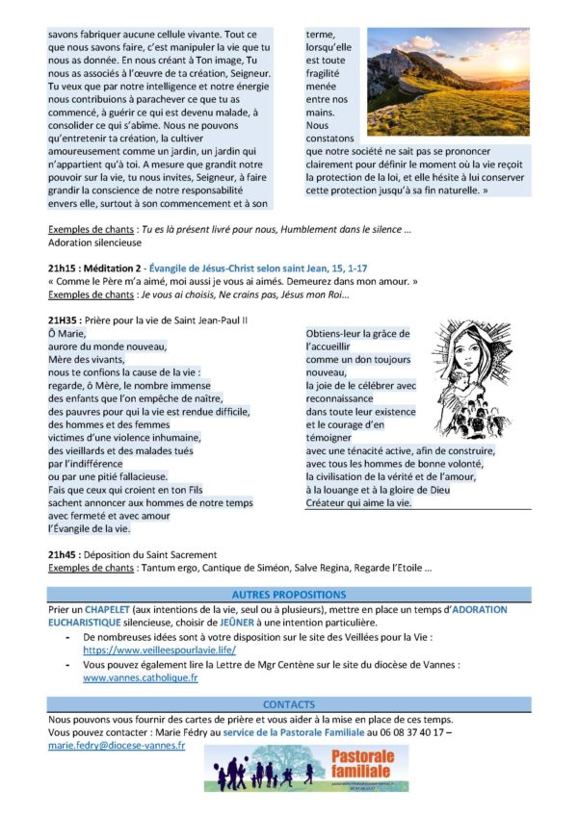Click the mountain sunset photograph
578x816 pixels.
pos(448,81)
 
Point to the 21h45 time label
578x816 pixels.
pos(64,554)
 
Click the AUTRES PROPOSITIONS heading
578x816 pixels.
pos(288,595)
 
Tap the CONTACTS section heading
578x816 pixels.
pos(288,704)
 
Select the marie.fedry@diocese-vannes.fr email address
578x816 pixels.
pos(116,746)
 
